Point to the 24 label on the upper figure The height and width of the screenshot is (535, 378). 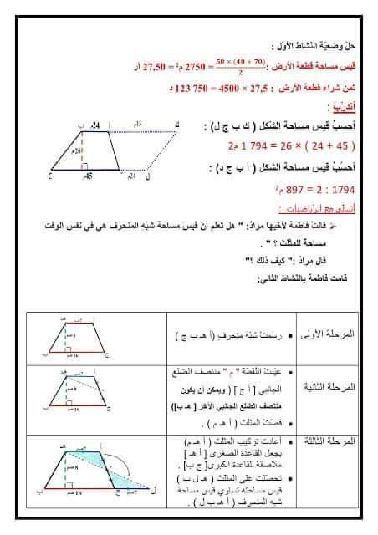(x=96, y=125)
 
